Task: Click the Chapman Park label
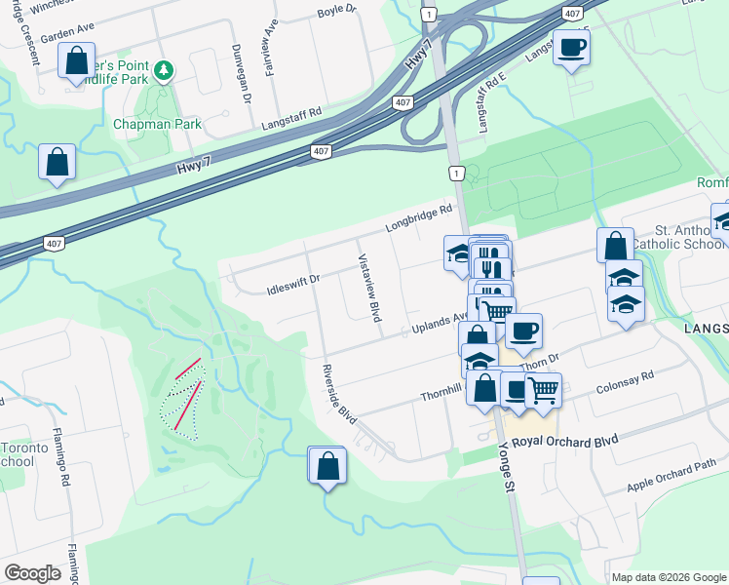(157, 124)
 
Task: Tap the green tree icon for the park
(165, 70)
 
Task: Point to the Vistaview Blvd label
(369, 289)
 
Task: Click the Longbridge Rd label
(419, 216)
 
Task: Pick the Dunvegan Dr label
(240, 72)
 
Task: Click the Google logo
(32, 573)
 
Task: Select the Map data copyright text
(668, 577)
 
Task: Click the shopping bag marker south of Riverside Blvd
(327, 466)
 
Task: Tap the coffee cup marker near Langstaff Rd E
(571, 46)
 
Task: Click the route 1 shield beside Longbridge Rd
(456, 173)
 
